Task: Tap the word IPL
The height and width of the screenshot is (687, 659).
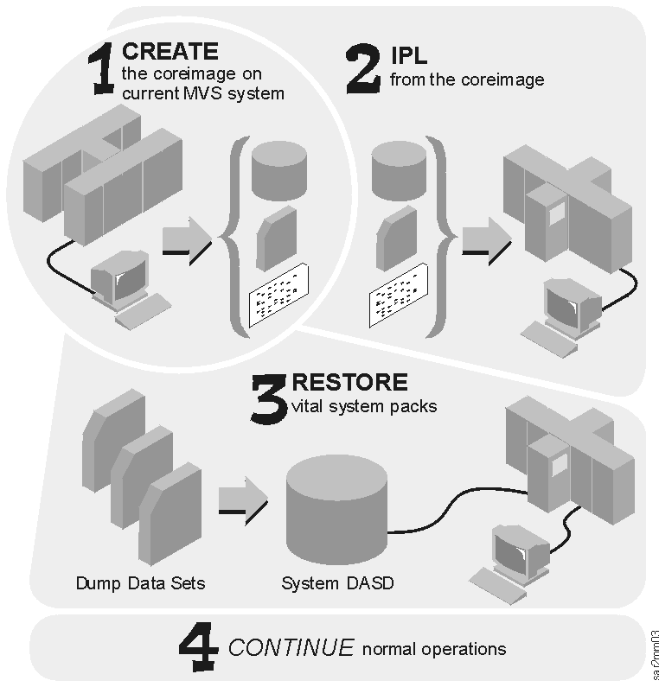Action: pos(407,59)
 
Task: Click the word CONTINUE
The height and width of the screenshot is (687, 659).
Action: pos(291,647)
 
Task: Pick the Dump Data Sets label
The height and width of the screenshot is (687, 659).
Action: pos(140,582)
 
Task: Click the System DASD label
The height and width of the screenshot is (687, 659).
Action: pos(337,582)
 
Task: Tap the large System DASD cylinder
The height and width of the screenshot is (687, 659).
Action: pos(336,510)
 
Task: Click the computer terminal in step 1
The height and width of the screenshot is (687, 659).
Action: pos(122,284)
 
